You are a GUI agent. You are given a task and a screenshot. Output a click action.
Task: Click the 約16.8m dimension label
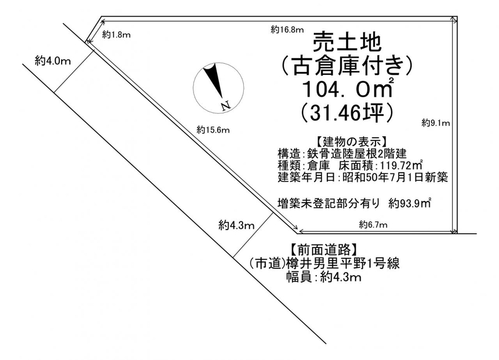pos(287,29)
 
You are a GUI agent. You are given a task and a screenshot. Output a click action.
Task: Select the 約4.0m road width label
pos(52,61)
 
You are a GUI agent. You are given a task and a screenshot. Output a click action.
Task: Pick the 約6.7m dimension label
pos(374,224)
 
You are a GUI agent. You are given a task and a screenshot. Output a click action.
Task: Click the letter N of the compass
pos(224,107)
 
